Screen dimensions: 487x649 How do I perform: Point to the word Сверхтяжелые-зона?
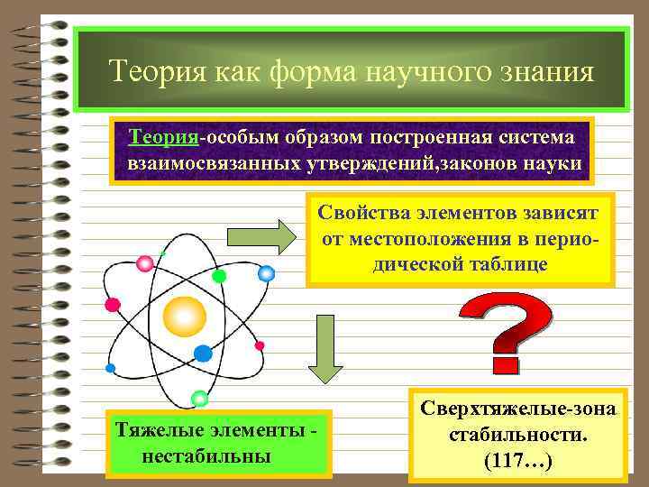[518, 409]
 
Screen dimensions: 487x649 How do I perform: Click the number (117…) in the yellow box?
[518, 461]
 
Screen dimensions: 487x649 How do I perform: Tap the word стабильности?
[518, 435]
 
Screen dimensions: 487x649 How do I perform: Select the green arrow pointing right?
[261, 237]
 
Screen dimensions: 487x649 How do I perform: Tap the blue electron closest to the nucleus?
[203, 353]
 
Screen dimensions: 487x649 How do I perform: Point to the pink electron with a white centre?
[144, 263]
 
